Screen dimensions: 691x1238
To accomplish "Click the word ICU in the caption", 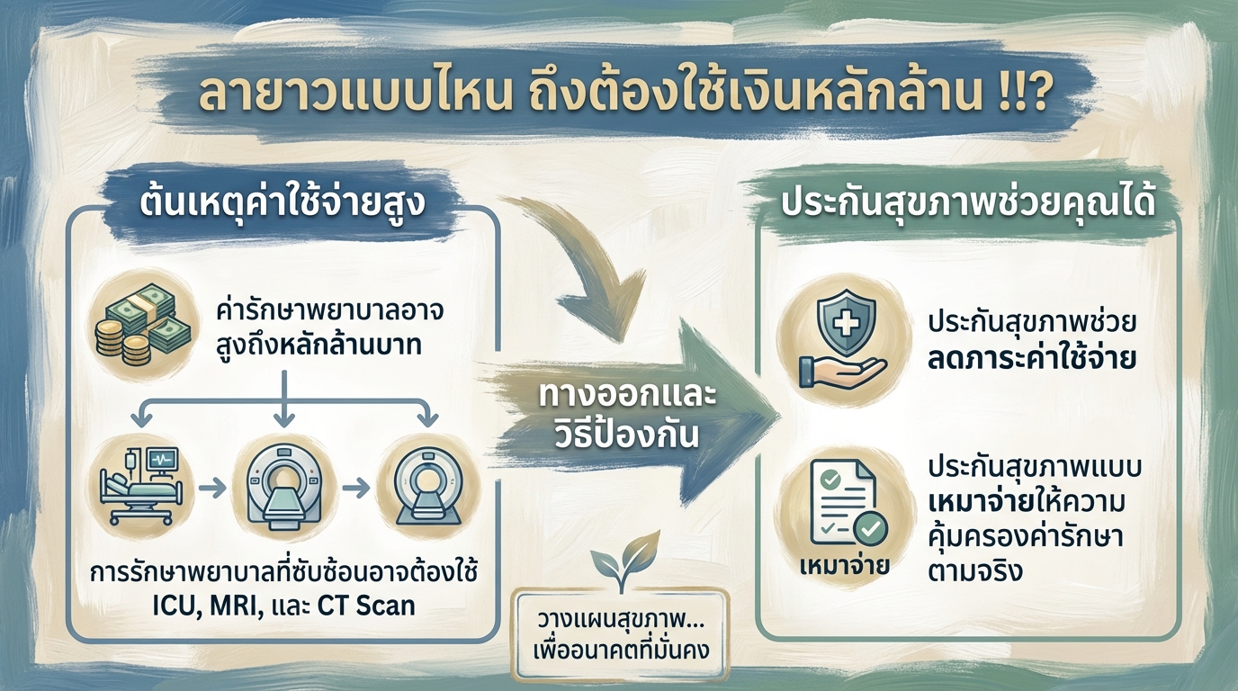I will tap(169, 605).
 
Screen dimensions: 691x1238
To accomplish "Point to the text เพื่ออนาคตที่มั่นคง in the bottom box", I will tap(619, 650).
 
